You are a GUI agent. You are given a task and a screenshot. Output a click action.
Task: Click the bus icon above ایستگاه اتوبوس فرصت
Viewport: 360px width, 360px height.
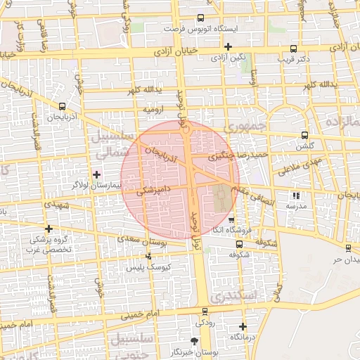point(200,18)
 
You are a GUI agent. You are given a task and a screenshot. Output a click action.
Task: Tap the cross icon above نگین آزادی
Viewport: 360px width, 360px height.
point(228,47)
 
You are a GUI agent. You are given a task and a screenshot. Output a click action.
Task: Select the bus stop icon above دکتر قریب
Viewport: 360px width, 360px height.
point(292,49)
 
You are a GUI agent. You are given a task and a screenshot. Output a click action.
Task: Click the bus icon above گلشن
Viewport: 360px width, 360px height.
point(304,135)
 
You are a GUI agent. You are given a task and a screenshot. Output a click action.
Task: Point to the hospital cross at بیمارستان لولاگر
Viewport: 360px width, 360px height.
point(97,174)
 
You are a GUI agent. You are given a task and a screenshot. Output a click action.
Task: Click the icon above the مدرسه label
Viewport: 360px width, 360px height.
point(295,196)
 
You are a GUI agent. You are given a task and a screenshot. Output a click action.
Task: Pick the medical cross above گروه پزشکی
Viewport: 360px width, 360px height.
point(49,229)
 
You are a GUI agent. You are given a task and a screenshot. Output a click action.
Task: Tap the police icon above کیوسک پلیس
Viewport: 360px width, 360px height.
point(148,257)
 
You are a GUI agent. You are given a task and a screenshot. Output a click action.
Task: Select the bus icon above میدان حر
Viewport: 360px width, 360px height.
point(348,247)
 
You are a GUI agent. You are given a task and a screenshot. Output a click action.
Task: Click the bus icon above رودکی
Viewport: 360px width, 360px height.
point(205,311)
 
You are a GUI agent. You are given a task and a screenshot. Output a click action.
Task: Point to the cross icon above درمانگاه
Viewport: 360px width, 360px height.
point(243,326)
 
